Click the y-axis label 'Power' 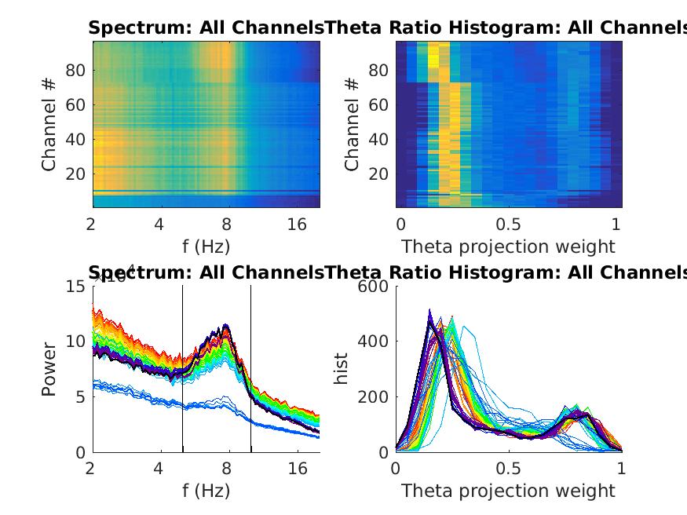pos(49,369)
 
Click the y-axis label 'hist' pos(342,369)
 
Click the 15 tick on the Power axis pos(75,287)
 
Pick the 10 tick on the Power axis pos(75,342)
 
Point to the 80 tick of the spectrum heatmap pos(74,71)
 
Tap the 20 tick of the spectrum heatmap pos(74,173)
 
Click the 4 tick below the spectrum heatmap pos(159,225)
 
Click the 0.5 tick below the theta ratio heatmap pos(509,225)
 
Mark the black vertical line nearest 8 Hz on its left pos(183,369)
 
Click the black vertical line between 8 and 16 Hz pos(251,369)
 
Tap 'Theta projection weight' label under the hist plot pos(508,491)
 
